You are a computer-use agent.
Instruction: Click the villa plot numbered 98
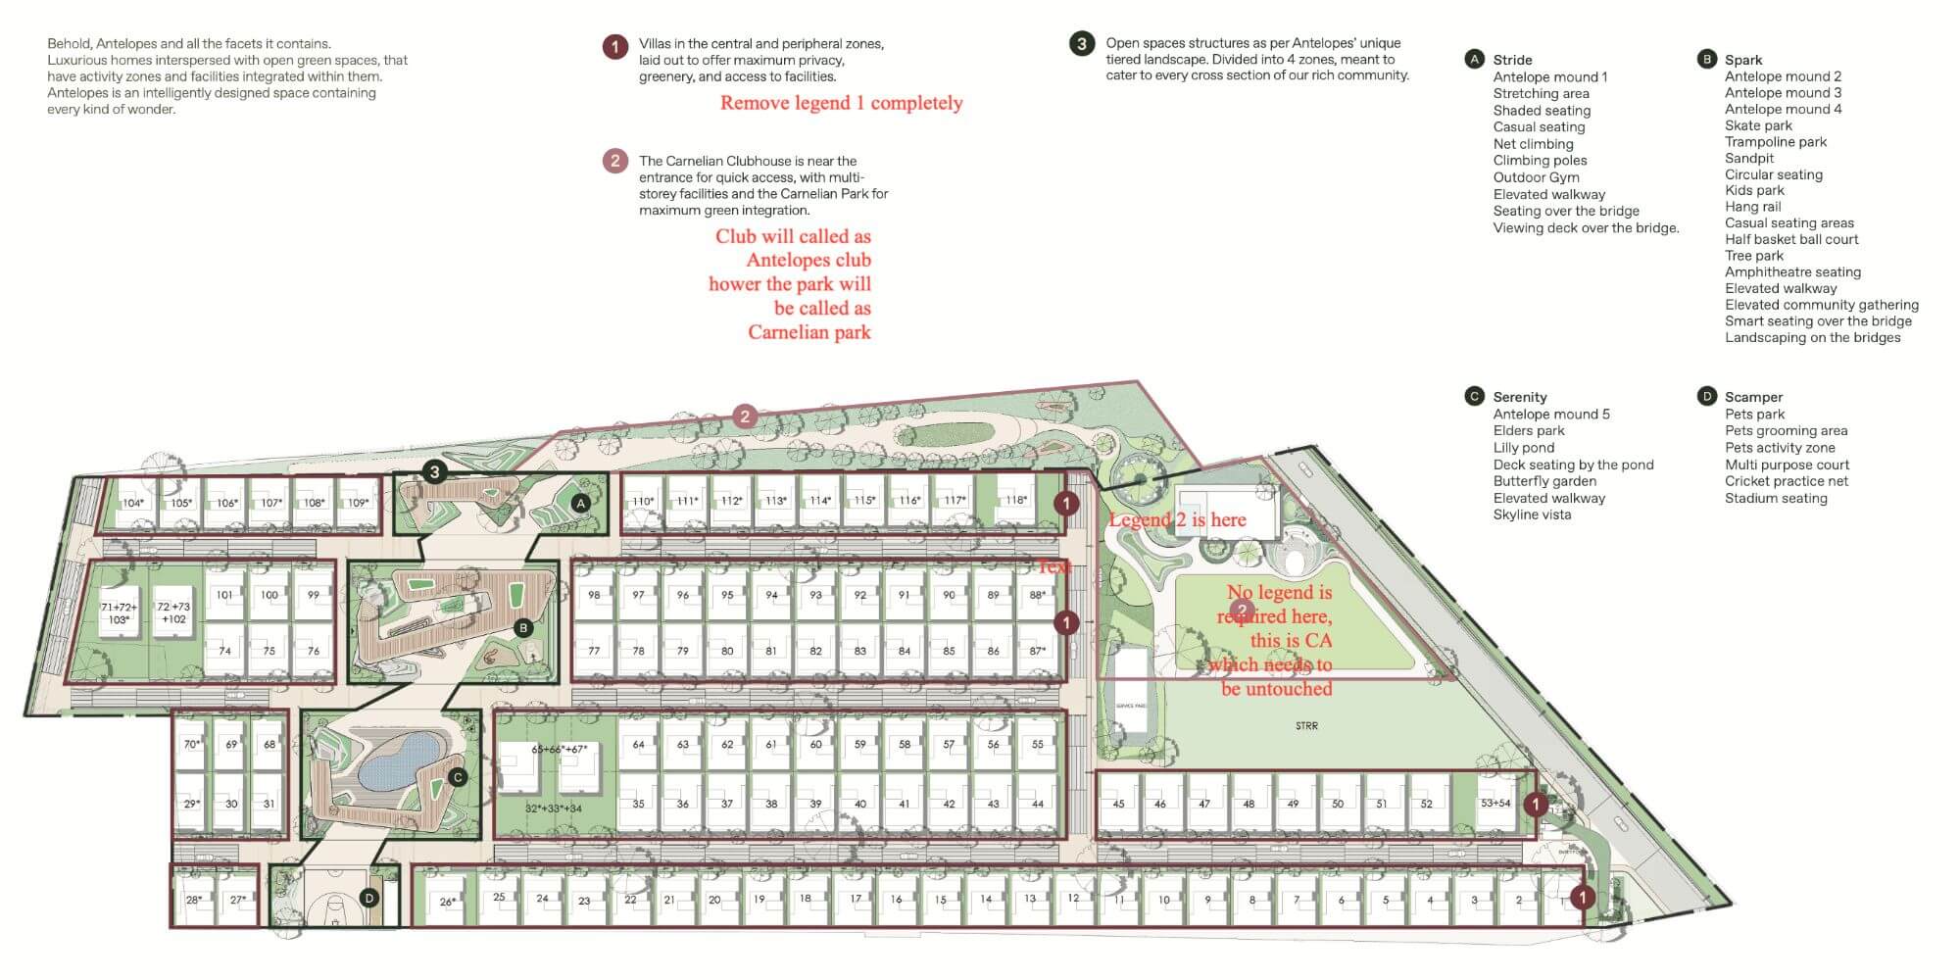coord(594,595)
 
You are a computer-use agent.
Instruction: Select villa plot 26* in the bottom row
coord(448,902)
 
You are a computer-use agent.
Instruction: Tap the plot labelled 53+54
coord(1494,804)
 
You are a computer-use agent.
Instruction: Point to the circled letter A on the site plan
coord(580,503)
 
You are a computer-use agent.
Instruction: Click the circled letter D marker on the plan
coord(369,898)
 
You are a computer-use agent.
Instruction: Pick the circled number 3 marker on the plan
coord(435,471)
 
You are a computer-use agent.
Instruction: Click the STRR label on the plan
coord(1306,726)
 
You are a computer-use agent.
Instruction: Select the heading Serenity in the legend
coord(1520,397)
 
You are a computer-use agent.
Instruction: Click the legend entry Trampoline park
coord(1776,142)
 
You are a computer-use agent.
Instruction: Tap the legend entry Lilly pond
coord(1524,448)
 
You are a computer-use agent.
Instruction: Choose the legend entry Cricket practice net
coord(1787,481)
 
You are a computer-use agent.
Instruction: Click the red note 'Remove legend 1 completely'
coord(841,103)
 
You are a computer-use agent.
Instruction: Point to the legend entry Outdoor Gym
coord(1536,177)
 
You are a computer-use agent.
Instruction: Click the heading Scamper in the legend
coord(1753,397)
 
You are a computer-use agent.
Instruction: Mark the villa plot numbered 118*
coord(1016,500)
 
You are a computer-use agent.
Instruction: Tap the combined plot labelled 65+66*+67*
coord(559,750)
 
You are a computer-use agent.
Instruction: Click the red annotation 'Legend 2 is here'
coord(1178,520)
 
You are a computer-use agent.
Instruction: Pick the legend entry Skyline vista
coord(1532,514)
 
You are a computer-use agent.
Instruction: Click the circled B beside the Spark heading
coord(1706,59)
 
